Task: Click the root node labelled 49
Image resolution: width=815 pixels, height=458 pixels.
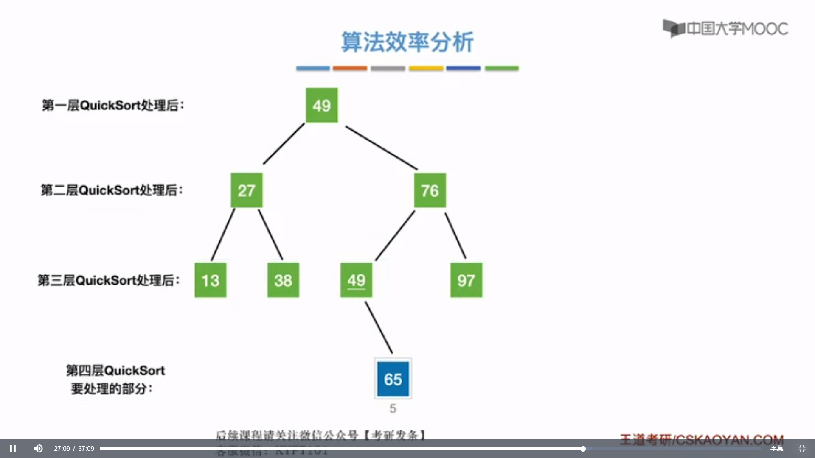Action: [x=322, y=105]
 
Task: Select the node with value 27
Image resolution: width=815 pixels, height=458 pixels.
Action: [x=246, y=190]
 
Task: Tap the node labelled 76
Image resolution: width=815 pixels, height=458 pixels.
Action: [x=430, y=190]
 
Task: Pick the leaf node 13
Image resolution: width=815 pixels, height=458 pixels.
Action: [x=210, y=280]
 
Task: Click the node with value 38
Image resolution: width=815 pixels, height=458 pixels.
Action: [x=283, y=280]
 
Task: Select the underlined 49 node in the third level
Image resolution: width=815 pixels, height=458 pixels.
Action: [x=356, y=280]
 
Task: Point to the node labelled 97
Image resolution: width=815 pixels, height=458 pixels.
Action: [x=466, y=280]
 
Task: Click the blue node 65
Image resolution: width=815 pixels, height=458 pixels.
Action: [x=393, y=379]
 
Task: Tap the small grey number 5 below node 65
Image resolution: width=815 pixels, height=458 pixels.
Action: [x=393, y=408]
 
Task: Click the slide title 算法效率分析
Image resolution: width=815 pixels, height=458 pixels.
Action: [x=407, y=42]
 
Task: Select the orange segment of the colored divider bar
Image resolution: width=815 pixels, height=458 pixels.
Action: [x=350, y=68]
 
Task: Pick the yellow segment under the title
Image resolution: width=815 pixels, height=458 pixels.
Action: [x=426, y=68]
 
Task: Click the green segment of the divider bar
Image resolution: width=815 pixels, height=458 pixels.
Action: [x=502, y=68]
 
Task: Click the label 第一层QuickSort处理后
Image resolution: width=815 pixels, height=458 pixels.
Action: [x=113, y=105]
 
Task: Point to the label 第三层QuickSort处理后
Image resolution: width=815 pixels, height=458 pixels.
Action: [x=109, y=280]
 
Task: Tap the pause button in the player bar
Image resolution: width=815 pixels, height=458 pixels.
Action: [x=13, y=448]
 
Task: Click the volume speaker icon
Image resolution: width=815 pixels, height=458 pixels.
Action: [x=38, y=448]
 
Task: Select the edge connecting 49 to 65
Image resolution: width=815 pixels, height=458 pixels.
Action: [x=379, y=327]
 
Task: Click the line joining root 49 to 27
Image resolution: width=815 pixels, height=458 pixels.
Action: [x=284, y=144]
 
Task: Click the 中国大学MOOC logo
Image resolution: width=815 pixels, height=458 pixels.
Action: [x=725, y=28]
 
